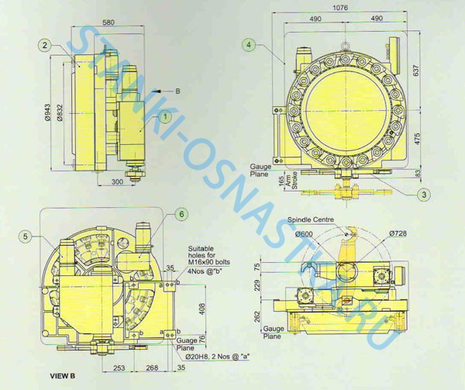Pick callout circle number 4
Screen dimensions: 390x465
(248, 45)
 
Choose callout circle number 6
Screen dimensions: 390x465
(181, 213)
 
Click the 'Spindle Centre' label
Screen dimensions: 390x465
(310, 220)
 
